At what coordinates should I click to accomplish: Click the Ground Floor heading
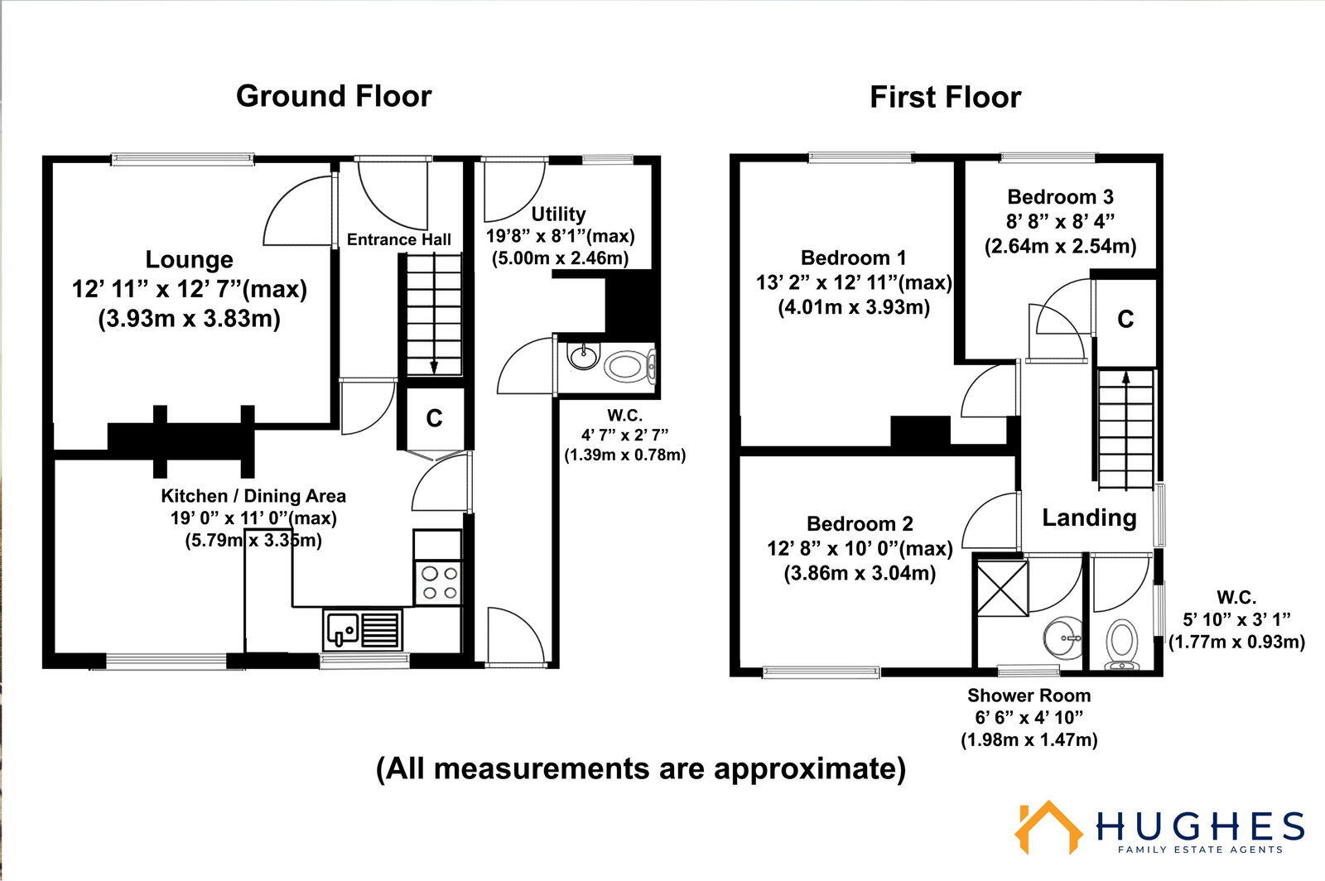pos(334,96)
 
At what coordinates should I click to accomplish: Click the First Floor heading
pos(945,98)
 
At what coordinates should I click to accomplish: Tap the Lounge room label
pos(189,260)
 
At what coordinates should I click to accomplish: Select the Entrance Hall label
pos(399,240)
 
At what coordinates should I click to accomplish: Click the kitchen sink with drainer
pos(363,629)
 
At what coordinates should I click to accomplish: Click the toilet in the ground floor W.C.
pos(629,364)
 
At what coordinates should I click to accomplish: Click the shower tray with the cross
pos(1002,588)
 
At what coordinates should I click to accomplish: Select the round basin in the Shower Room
pos(1062,638)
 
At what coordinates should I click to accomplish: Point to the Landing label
pos(1088,518)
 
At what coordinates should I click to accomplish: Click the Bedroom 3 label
pos(1060,197)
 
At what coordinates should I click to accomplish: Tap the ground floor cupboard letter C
pos(434,419)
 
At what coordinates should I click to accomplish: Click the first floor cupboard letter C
pos(1125,320)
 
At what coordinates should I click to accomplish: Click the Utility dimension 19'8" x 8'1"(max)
pos(560,236)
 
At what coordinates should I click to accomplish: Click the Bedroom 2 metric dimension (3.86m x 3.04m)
pos(860,573)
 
